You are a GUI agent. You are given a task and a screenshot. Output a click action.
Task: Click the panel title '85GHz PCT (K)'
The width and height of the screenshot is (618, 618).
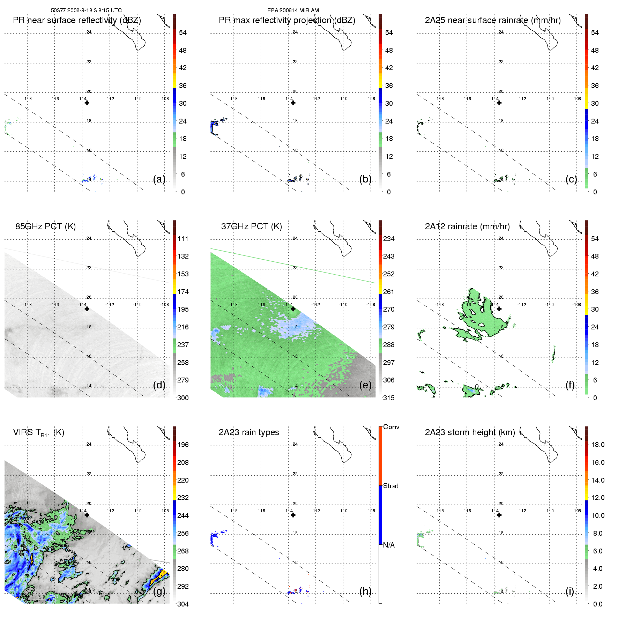click(45, 226)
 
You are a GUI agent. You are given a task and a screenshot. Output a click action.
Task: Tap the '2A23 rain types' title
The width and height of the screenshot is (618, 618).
click(248, 432)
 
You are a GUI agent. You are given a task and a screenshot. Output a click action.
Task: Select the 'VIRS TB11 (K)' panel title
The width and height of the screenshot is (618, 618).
click(38, 433)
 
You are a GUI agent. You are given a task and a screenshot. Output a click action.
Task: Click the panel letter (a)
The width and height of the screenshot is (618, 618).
click(159, 179)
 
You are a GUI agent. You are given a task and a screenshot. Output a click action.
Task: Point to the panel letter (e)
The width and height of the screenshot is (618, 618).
click(365, 385)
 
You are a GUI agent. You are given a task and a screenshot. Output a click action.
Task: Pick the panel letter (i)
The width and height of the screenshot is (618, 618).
click(569, 591)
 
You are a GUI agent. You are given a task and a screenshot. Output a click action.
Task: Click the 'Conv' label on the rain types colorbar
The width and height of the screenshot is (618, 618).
click(391, 427)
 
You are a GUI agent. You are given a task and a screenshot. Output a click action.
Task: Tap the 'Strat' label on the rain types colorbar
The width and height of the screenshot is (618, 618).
click(390, 486)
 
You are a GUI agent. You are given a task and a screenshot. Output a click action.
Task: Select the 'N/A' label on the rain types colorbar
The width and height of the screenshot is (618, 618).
click(389, 545)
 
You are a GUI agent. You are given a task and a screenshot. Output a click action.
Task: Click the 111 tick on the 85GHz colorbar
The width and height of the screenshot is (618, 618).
click(183, 239)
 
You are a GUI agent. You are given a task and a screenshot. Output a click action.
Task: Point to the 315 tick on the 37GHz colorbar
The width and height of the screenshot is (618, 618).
click(389, 398)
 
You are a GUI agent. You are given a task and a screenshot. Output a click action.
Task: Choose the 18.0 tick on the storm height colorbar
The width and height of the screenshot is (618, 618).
click(597, 445)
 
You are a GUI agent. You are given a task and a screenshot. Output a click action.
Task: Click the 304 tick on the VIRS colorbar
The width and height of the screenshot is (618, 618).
click(183, 604)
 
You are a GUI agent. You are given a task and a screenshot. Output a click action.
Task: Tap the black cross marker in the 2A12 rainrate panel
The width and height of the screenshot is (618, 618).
click(499, 309)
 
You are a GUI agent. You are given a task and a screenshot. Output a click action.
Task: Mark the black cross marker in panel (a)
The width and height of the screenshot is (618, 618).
click(87, 103)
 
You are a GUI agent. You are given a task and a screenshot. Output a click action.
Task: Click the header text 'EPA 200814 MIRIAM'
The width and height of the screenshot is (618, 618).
click(293, 10)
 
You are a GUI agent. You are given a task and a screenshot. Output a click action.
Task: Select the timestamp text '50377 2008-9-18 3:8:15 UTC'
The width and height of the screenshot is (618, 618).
click(86, 10)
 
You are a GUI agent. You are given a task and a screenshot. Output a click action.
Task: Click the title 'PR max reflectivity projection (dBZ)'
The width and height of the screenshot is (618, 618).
click(287, 20)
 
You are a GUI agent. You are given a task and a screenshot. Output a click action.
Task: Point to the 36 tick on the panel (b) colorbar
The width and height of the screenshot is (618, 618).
click(389, 86)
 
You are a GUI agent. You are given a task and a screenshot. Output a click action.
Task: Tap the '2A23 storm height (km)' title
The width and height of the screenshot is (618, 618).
click(470, 432)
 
